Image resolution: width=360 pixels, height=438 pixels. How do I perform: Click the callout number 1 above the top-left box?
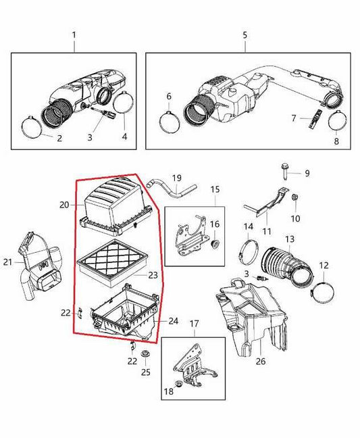(x=74, y=34)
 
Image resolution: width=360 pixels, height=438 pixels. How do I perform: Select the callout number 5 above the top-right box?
(x=245, y=34)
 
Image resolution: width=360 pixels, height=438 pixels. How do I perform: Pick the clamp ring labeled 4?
(x=124, y=105)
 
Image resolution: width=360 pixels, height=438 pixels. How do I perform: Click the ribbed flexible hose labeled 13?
(x=288, y=264)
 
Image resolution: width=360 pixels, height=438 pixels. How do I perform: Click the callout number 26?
(x=260, y=362)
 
